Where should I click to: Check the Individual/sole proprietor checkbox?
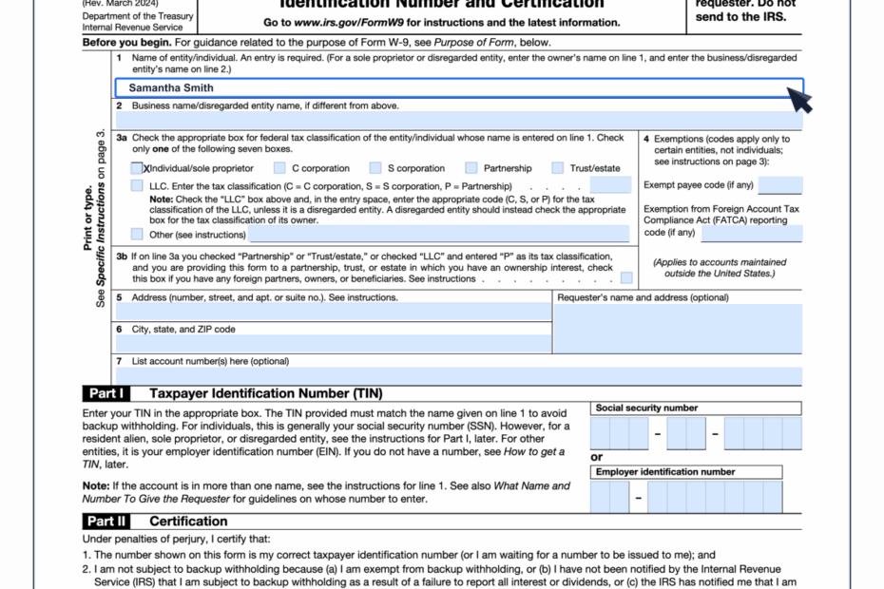click(x=137, y=168)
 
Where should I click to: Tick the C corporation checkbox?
click(x=279, y=168)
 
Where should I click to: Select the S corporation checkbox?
click(x=375, y=168)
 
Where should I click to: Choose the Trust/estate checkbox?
click(x=558, y=168)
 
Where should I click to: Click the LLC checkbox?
click(x=137, y=186)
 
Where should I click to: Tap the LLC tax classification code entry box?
click(x=609, y=185)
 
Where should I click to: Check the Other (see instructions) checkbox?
click(x=137, y=234)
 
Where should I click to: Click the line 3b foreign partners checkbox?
click(x=626, y=278)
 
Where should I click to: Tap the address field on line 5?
click(x=333, y=312)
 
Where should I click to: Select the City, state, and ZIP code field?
click(x=333, y=344)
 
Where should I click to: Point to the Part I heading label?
click(x=105, y=393)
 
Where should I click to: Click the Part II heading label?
click(x=106, y=521)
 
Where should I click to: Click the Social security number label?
click(x=646, y=408)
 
